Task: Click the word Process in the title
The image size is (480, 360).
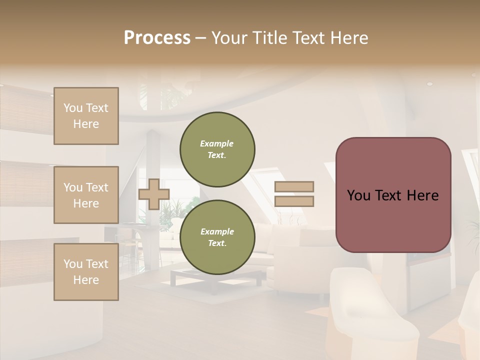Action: point(157,38)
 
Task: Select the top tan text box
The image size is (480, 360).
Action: point(86,116)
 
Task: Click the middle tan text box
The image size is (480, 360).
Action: point(86,195)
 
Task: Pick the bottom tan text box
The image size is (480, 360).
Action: point(86,272)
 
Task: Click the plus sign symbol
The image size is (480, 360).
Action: point(154,194)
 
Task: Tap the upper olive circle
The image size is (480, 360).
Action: point(217,149)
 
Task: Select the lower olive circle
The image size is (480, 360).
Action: point(217,237)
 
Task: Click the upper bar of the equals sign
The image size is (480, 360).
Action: point(294,187)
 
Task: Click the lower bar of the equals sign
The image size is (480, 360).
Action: point(294,201)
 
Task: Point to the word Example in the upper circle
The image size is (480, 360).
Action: point(217,143)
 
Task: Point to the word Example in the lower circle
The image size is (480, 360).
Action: point(217,231)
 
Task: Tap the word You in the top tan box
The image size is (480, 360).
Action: point(73,108)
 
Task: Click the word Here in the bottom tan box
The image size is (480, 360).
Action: point(86,280)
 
